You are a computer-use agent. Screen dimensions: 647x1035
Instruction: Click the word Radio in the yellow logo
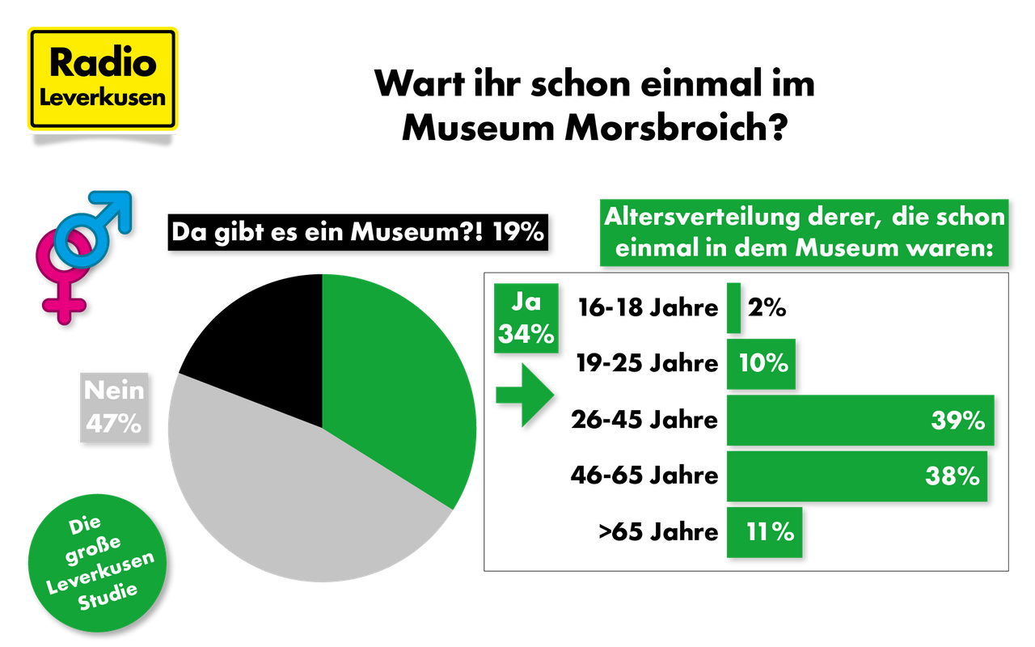[102, 63]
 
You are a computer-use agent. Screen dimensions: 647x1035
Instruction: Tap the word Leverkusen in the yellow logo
[102, 98]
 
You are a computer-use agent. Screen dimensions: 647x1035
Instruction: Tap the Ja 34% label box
[526, 319]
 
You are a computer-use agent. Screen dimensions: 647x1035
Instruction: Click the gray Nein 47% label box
[114, 407]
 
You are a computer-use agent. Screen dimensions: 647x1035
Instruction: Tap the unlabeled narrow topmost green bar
[733, 307]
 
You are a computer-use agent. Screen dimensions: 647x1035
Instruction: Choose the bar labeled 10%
[761, 363]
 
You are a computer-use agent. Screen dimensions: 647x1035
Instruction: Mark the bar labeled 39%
[859, 421]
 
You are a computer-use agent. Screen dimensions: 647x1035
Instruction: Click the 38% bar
[855, 476]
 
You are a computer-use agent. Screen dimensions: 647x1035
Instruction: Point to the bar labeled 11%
[764, 532]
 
